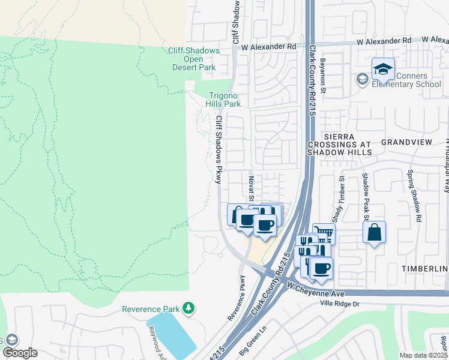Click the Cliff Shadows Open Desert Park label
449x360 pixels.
193,59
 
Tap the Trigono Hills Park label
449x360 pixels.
224,100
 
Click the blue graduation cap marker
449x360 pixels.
382,70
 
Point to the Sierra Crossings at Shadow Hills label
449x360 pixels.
340,145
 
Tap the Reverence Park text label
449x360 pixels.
151,309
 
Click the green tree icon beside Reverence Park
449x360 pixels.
189,308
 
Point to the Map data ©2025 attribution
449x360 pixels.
424,355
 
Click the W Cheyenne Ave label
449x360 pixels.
315,289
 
